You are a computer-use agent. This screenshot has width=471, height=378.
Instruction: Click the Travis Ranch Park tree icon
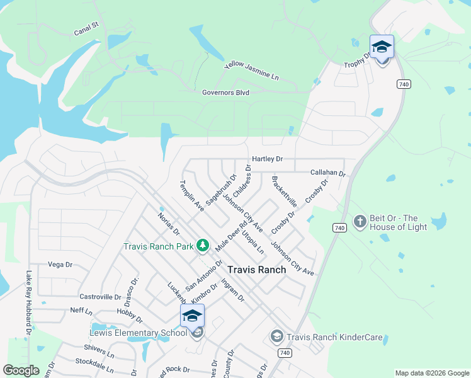[203, 245]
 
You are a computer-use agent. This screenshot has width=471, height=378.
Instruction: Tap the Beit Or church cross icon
[360, 222]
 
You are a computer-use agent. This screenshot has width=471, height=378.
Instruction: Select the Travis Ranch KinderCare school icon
[276, 337]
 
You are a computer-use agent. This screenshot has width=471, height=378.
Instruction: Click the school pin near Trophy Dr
[382, 48]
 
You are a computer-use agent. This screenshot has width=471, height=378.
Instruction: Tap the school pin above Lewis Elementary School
[192, 316]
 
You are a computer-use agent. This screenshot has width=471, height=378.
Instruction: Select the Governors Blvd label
[225, 93]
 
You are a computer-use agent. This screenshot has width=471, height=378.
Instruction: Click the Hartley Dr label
[267, 159]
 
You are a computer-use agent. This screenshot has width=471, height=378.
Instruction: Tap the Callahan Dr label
[328, 173]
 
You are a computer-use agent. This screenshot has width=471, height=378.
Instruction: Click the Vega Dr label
[60, 265]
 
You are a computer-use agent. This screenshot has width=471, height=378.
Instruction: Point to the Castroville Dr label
[100, 297]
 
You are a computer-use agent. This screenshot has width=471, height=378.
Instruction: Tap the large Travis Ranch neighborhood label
[256, 269]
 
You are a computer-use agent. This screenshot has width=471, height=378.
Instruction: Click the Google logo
[21, 370]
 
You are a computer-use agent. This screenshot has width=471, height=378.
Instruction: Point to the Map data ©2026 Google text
[431, 373]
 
